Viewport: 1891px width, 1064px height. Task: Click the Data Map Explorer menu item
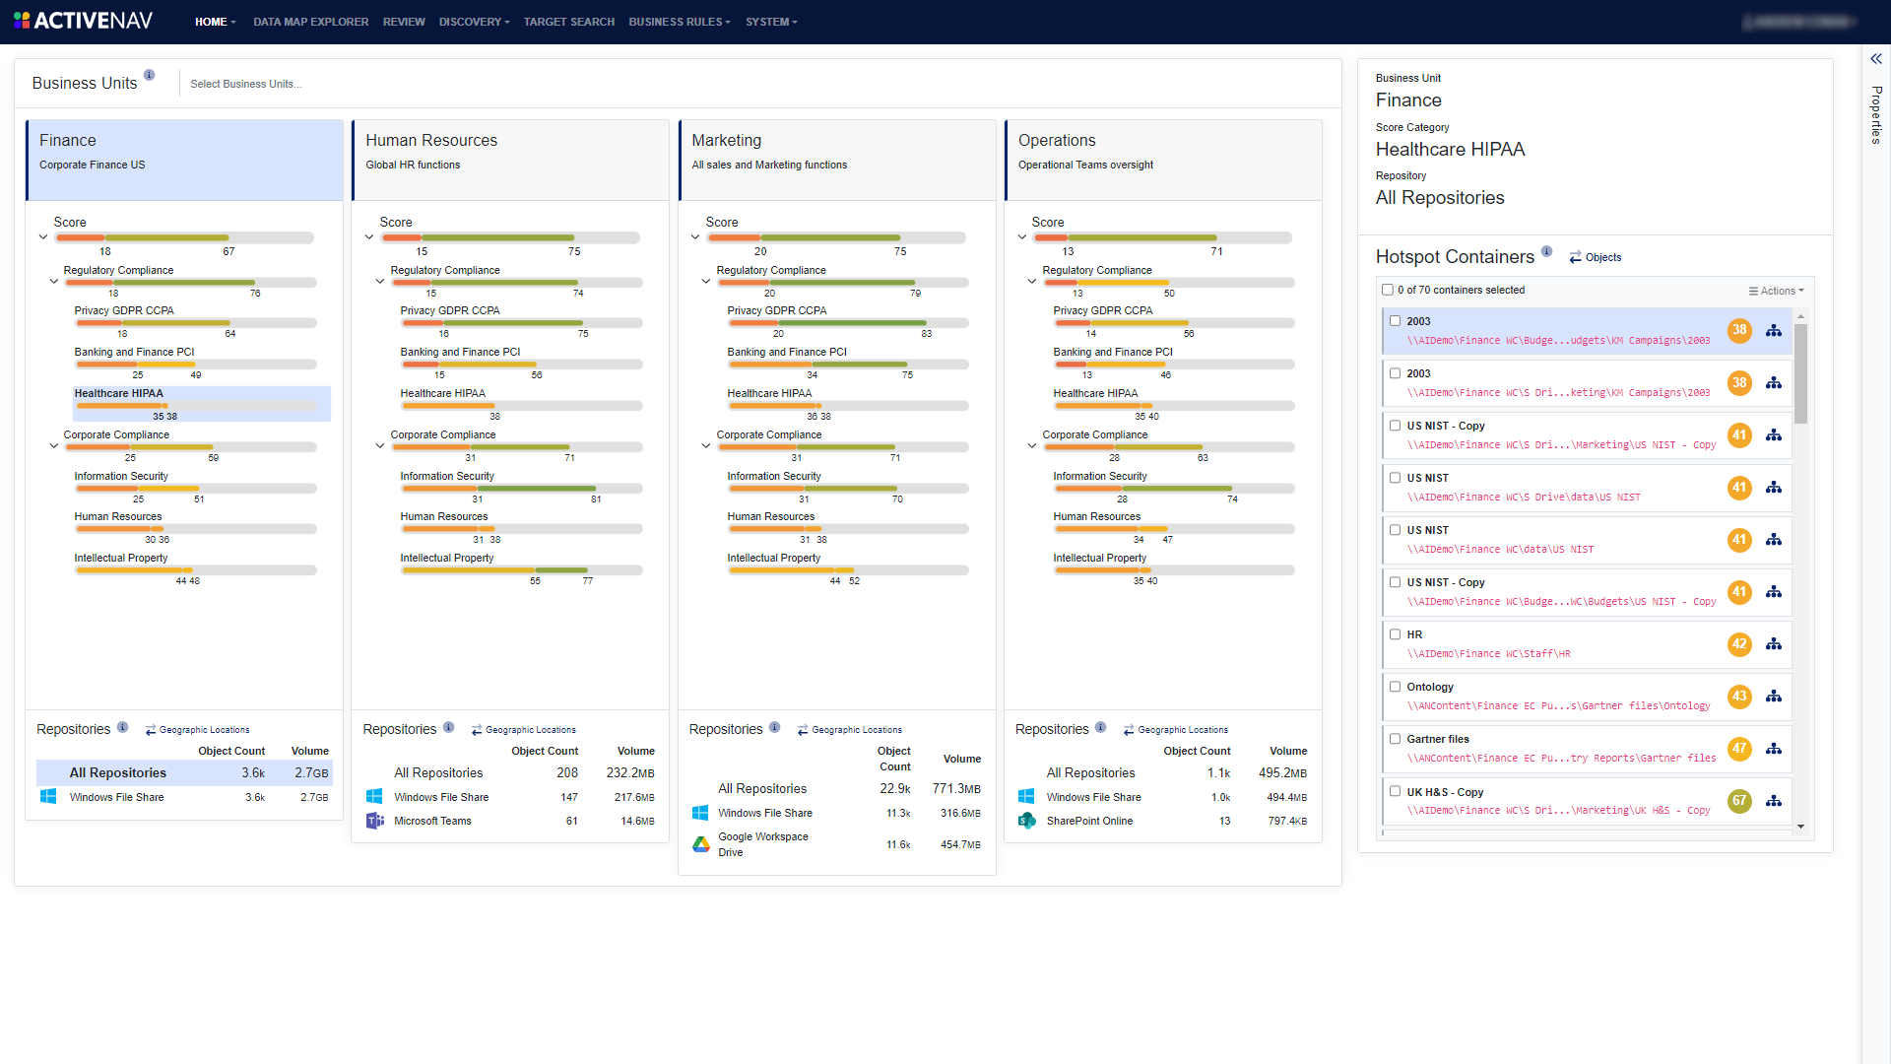(x=310, y=22)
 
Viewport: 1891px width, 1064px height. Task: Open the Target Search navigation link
(x=568, y=22)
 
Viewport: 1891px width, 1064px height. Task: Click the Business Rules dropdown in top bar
(x=679, y=22)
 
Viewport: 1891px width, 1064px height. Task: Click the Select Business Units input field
(x=246, y=84)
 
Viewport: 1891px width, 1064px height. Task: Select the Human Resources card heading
(x=431, y=141)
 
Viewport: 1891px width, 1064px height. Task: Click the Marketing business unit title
(x=726, y=141)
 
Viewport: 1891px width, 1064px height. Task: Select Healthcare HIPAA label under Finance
(x=118, y=393)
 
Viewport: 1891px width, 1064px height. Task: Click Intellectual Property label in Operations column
(x=1099, y=558)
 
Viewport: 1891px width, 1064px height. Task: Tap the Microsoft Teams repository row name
(x=432, y=821)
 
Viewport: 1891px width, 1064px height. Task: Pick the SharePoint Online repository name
(x=1089, y=821)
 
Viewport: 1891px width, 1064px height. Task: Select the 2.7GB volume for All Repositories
(x=311, y=773)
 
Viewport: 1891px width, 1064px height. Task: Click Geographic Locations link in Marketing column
(x=856, y=730)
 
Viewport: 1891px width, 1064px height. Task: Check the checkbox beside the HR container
(x=1395, y=634)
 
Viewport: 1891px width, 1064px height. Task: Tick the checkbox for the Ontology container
(x=1395, y=687)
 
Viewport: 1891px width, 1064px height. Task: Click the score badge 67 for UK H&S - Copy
(x=1739, y=801)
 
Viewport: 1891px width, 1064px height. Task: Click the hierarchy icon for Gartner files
(x=1774, y=749)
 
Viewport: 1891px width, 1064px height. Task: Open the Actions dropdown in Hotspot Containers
(x=1776, y=291)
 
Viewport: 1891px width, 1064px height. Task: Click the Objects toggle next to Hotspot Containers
(x=1596, y=257)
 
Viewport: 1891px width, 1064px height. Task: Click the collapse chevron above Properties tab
(x=1876, y=59)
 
